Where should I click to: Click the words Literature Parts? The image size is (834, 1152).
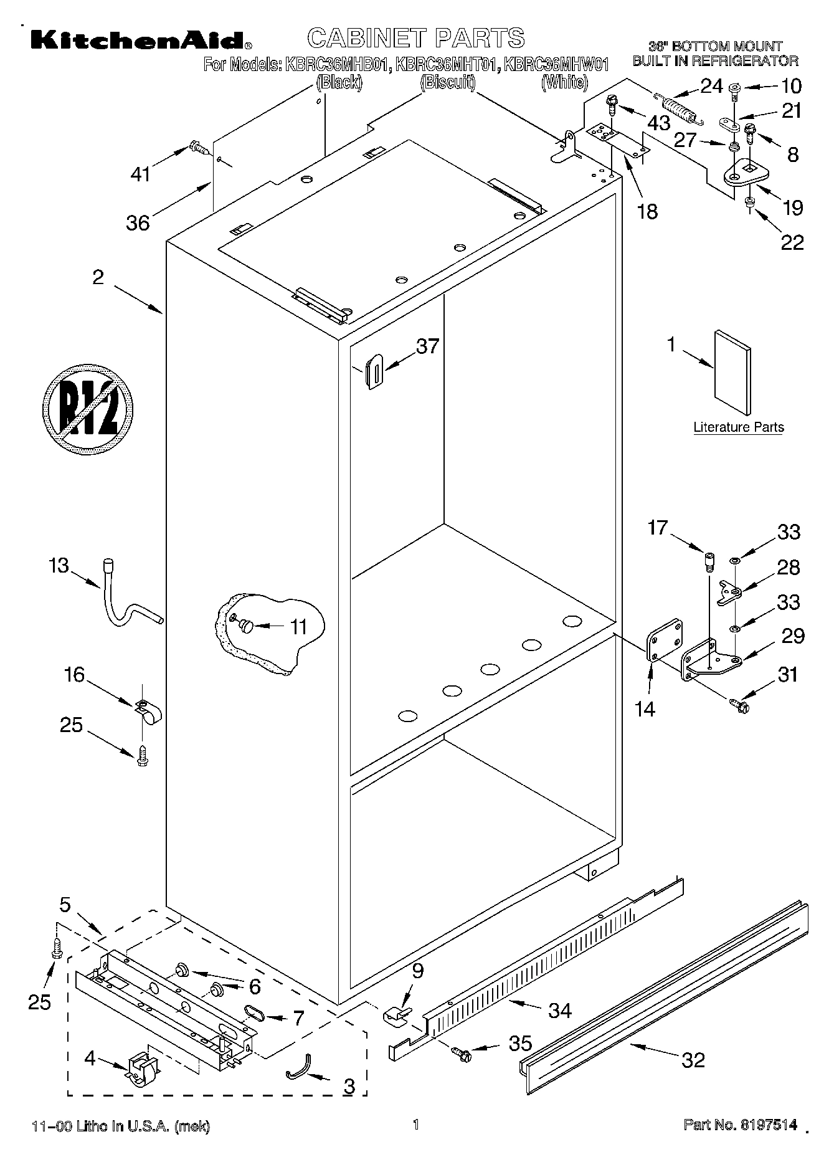point(738,427)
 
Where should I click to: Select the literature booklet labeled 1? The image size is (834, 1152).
point(732,372)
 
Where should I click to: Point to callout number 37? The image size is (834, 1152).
point(427,346)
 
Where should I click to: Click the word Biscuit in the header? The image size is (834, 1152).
point(448,82)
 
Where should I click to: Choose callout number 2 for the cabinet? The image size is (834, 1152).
point(98,277)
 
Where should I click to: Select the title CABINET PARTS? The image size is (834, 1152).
point(416,38)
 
